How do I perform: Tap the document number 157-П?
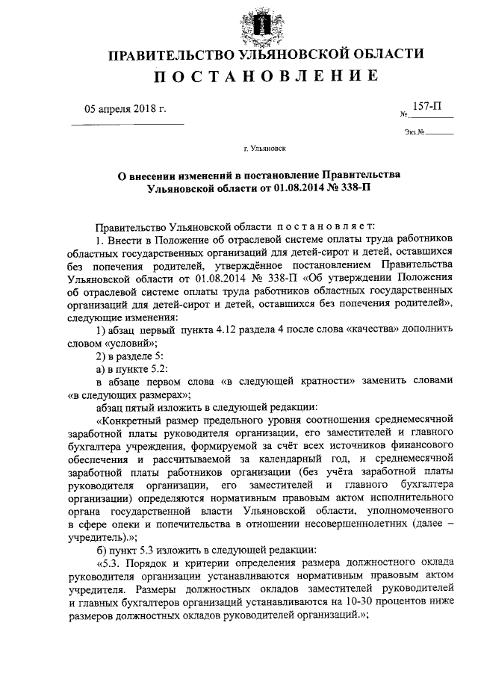click(x=428, y=108)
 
